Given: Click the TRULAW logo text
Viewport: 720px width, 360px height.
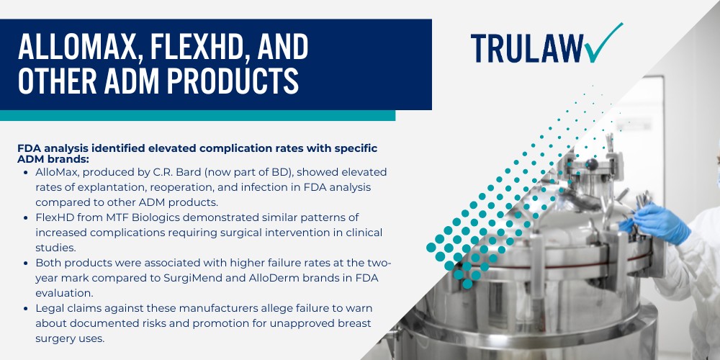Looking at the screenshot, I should point(526,48).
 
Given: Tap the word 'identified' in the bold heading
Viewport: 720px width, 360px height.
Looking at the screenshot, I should point(112,148).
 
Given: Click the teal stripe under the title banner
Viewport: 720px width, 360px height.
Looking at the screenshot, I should point(197,115).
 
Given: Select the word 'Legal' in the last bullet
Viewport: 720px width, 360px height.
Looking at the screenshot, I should point(51,308).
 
